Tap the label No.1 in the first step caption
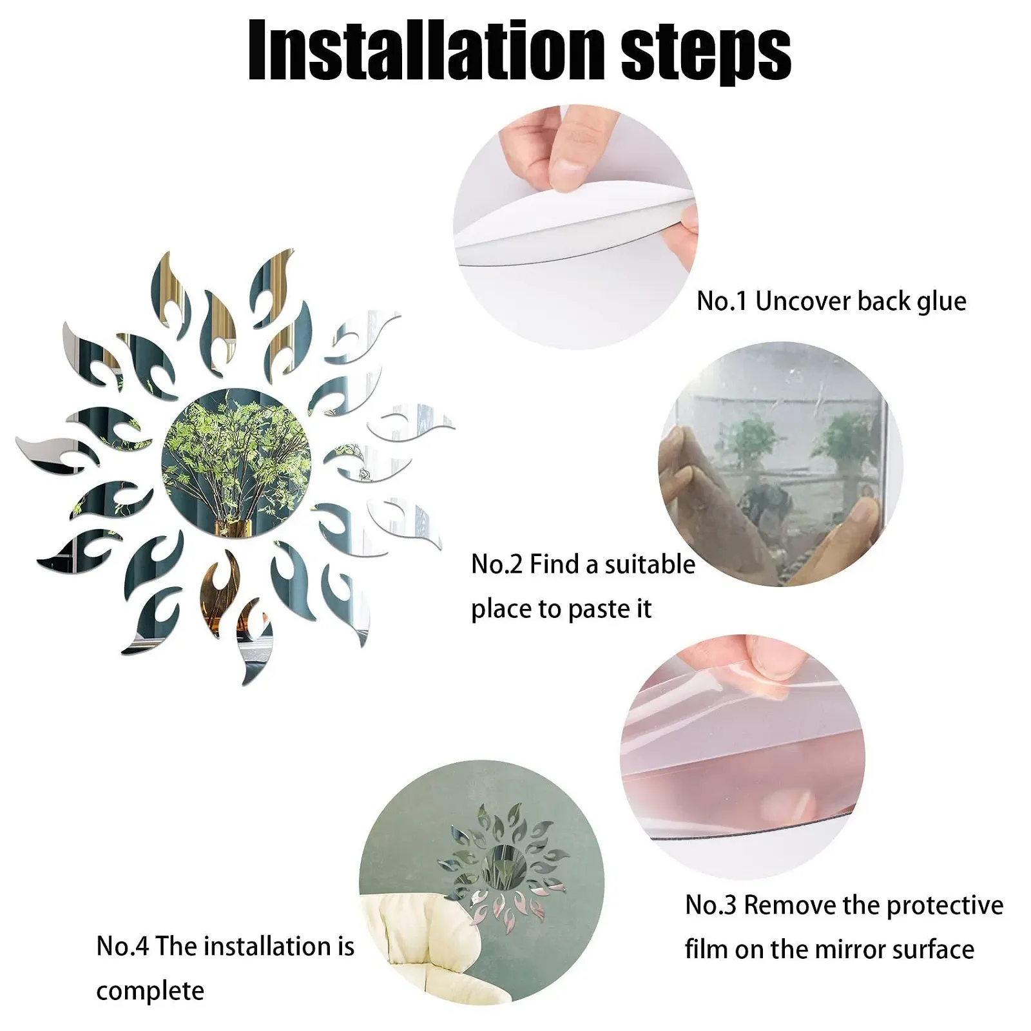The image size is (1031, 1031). pyautogui.click(x=722, y=301)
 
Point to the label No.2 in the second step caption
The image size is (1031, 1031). pyautogui.click(x=497, y=564)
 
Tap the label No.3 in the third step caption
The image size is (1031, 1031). pyautogui.click(x=711, y=905)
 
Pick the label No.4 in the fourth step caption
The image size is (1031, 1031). pyautogui.click(x=122, y=946)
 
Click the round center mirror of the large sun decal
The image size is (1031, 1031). pyautogui.click(x=236, y=463)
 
